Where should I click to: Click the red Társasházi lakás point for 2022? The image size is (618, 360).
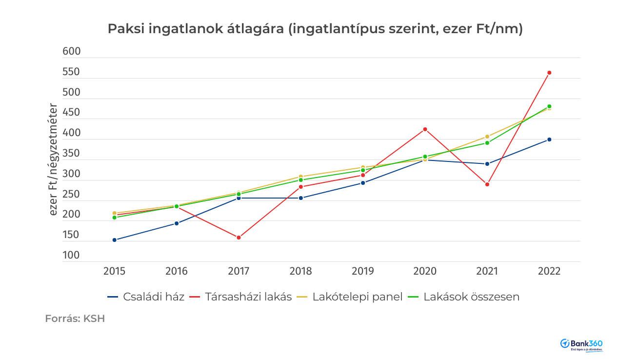click(549, 73)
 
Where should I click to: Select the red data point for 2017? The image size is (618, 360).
click(239, 238)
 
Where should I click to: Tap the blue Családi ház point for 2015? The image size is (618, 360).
click(114, 240)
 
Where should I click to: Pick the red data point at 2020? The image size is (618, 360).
click(425, 129)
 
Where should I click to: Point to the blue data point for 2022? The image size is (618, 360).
click(549, 140)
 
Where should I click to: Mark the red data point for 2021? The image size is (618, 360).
click(487, 184)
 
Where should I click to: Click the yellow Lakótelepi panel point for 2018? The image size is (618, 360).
click(301, 176)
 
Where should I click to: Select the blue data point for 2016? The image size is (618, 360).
click(177, 223)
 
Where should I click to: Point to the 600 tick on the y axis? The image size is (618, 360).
click(72, 52)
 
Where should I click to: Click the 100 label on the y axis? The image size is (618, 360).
click(72, 255)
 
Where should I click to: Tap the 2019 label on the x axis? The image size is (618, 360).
click(363, 271)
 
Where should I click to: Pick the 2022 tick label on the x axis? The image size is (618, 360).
click(549, 271)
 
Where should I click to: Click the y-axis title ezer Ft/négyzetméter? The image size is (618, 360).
click(54, 160)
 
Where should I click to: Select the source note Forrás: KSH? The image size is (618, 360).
click(75, 319)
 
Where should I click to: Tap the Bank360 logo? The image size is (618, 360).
click(581, 344)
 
